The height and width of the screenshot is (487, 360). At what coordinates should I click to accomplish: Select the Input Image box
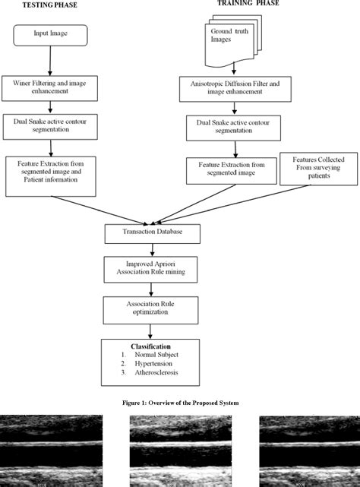[x=50, y=34]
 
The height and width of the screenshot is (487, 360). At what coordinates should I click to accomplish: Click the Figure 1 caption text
[x=179, y=403]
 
